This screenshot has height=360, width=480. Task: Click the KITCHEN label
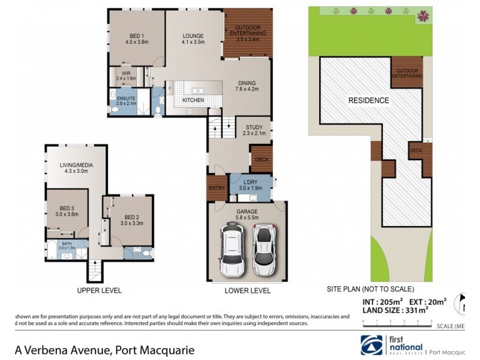(x=193, y=100)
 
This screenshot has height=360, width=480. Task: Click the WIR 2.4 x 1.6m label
(x=126, y=76)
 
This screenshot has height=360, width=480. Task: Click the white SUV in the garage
(x=232, y=249)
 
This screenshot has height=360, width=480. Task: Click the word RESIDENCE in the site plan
(x=368, y=100)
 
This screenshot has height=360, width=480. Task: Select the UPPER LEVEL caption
(x=99, y=290)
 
